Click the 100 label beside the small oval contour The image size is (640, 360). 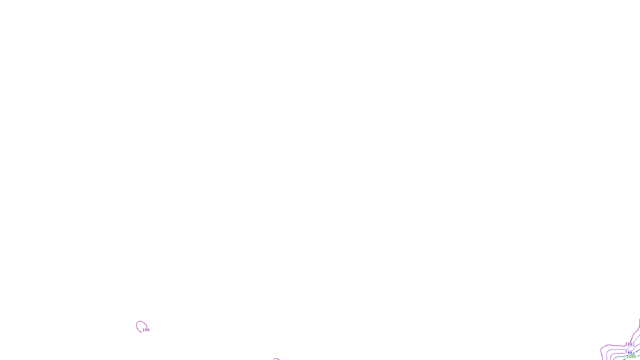coord(146,330)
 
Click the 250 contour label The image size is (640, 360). coord(631,346)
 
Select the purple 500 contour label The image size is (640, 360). coord(629,352)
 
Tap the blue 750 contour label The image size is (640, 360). coord(632,354)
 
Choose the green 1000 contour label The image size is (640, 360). coord(631,356)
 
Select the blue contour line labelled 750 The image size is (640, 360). coord(620,356)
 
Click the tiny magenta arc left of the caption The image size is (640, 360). coord(276,359)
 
